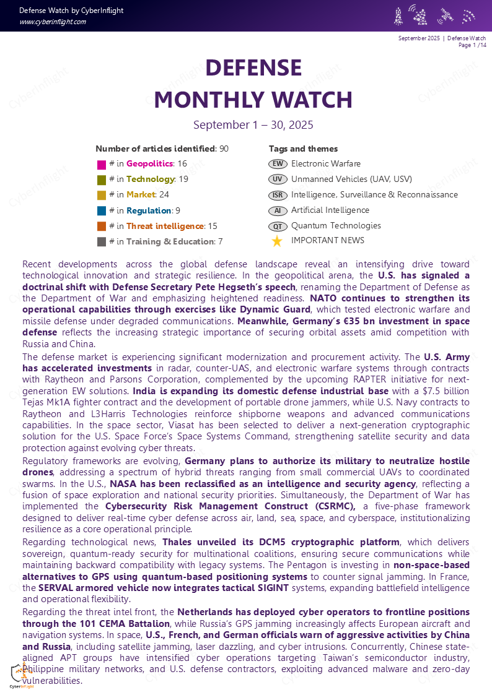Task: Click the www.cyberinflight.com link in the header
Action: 53,22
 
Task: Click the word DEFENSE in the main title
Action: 253,67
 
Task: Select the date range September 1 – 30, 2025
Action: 253,124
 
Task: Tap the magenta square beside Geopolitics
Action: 102,165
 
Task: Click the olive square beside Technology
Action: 102,180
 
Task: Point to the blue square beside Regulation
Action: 102,211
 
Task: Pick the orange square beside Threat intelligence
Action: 102,227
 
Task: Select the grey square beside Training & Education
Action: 102,242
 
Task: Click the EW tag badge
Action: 278,164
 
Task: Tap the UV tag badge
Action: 278,179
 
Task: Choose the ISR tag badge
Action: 278,195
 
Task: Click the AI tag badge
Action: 278,210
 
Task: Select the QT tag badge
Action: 278,226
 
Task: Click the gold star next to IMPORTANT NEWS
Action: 277,241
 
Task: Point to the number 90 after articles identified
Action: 224,149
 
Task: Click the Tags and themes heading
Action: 303,149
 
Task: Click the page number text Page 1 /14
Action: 472,45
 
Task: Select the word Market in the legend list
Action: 141,195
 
